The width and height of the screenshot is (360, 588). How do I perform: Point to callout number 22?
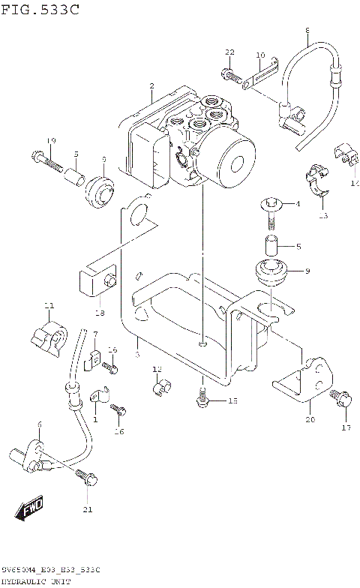229,51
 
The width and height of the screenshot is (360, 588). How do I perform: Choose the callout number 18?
99,312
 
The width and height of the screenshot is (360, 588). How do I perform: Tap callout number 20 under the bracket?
310,421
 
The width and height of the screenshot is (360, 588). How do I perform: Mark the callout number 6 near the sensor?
39,424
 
